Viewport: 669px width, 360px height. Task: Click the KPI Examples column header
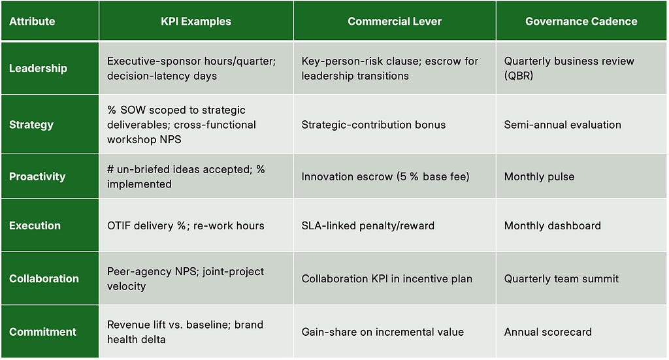pyautogui.click(x=196, y=22)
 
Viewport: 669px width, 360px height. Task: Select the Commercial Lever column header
pyautogui.click(x=395, y=22)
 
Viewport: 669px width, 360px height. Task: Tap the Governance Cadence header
pyautogui.click(x=581, y=22)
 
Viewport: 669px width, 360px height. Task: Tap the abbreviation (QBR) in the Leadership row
pyautogui.click(x=518, y=76)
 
